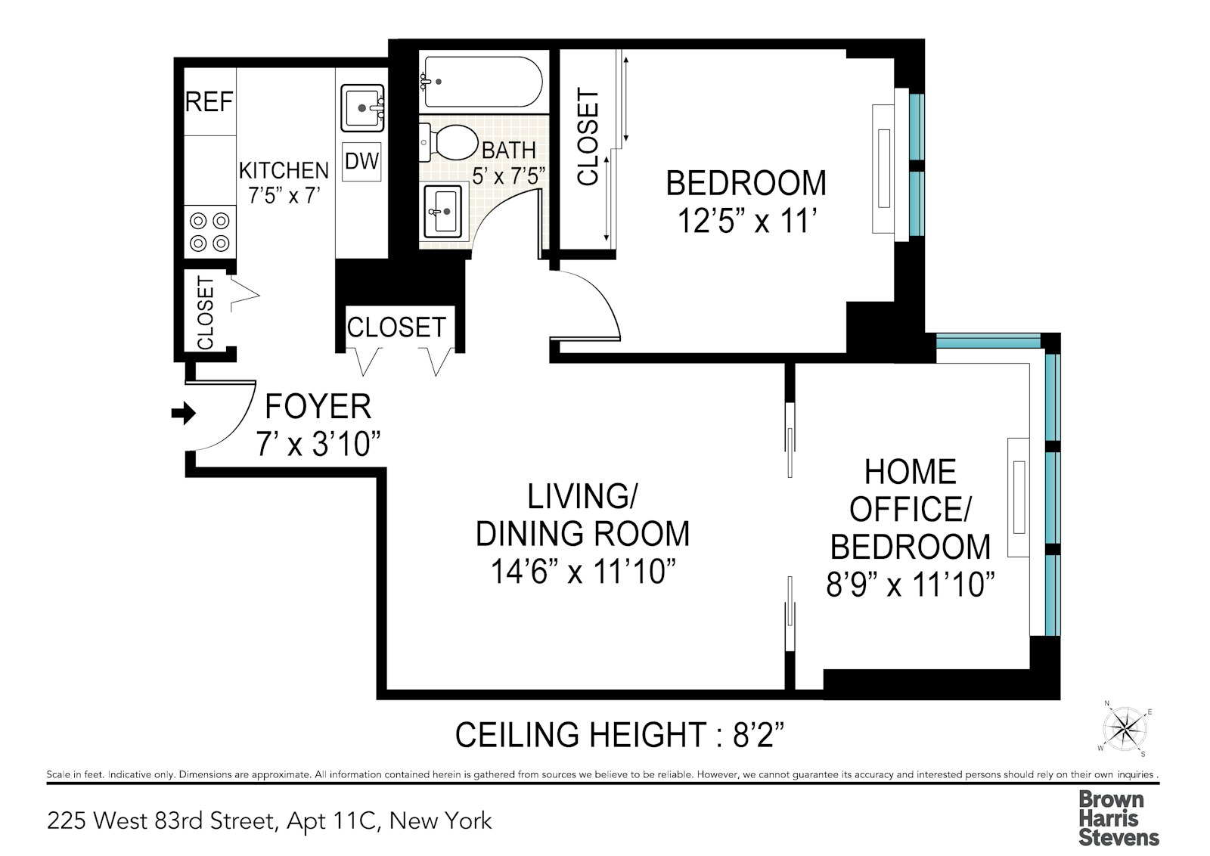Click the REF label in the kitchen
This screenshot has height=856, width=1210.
coord(209,102)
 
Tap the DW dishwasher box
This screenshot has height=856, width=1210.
coord(361,161)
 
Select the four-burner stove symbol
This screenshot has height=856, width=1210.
coord(209,232)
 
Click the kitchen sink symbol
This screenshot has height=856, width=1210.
coord(361,110)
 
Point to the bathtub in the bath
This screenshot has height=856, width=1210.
coord(481,82)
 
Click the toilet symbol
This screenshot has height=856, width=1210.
coord(450,142)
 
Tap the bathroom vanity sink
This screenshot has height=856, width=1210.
coord(442,210)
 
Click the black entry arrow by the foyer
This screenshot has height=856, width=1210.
coord(184,413)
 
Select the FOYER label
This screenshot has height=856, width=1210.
coord(318,408)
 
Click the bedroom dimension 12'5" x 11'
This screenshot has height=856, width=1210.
coord(746,222)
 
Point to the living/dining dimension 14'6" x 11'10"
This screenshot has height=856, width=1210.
coord(582,572)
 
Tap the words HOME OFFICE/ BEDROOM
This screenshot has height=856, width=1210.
coord(910,509)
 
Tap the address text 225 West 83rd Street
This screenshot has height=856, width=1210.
coord(160,820)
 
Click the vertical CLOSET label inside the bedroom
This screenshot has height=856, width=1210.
coord(588,137)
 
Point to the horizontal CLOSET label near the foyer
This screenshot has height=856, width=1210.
coord(396,327)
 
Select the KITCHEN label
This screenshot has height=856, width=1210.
coord(284,170)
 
